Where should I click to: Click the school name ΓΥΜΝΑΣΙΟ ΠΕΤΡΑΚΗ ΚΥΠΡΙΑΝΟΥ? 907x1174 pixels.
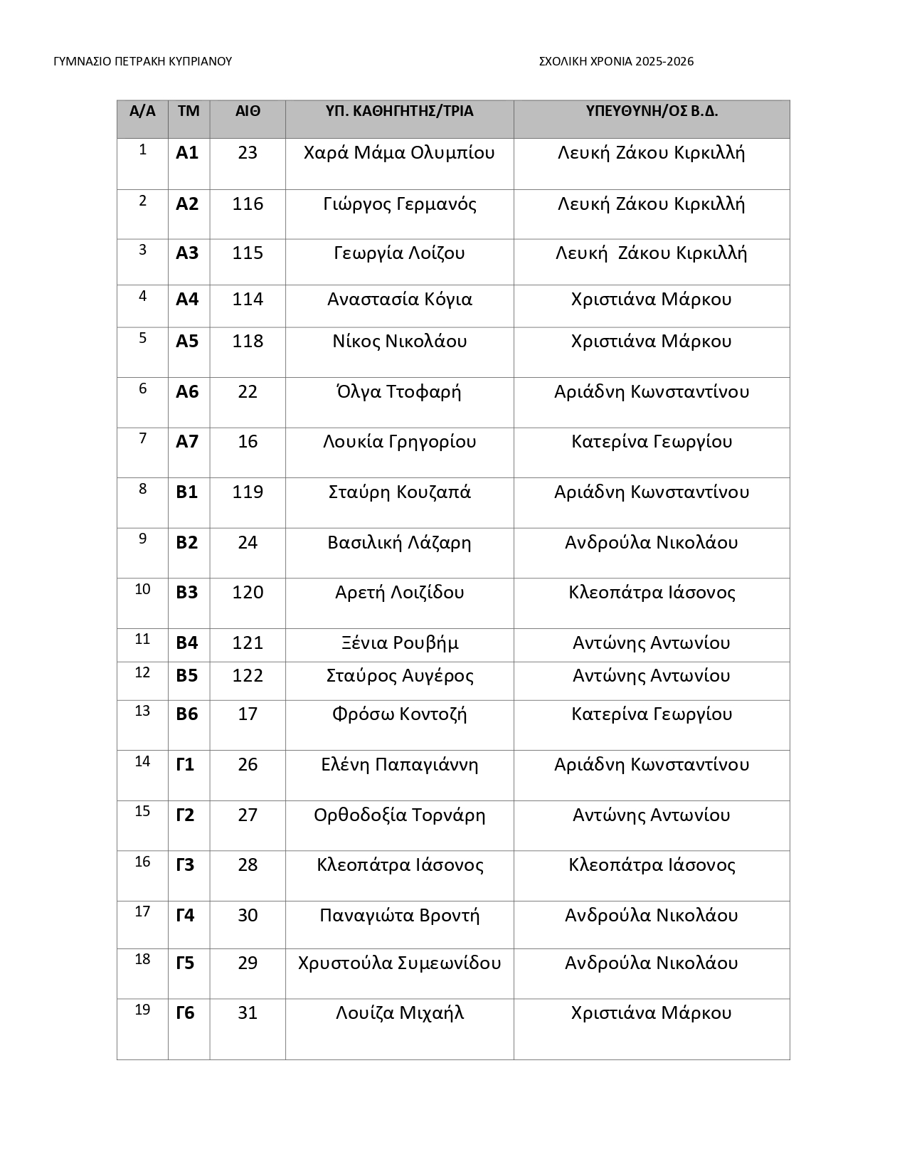coord(142,61)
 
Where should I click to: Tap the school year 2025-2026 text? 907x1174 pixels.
coord(616,61)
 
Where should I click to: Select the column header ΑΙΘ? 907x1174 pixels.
coord(248,111)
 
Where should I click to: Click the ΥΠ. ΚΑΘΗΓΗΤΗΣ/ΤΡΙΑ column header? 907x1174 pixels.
coord(399,111)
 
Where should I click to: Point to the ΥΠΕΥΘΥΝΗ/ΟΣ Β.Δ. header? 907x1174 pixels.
coord(651,111)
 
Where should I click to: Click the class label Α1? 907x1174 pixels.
coord(187,153)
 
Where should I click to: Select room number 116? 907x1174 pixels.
coord(248,204)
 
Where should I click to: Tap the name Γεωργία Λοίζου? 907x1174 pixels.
coord(399,253)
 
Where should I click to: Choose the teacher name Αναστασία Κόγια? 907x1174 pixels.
coord(399,299)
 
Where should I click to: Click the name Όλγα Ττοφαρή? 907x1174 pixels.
coord(399,391)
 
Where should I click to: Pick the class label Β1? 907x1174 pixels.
coord(187,492)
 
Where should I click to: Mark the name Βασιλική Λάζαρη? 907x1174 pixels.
coord(399,542)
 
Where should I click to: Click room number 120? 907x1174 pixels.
coord(248,592)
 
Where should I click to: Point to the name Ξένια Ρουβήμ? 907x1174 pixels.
coord(399,642)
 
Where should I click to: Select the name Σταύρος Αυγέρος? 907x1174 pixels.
coord(399,675)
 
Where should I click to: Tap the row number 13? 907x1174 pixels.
coord(142,711)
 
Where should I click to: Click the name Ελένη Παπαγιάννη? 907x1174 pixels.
coord(399,764)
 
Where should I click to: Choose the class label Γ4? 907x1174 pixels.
coord(185,915)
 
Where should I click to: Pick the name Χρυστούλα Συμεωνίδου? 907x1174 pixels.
coord(399,963)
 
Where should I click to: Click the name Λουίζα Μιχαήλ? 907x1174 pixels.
coord(399,1012)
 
